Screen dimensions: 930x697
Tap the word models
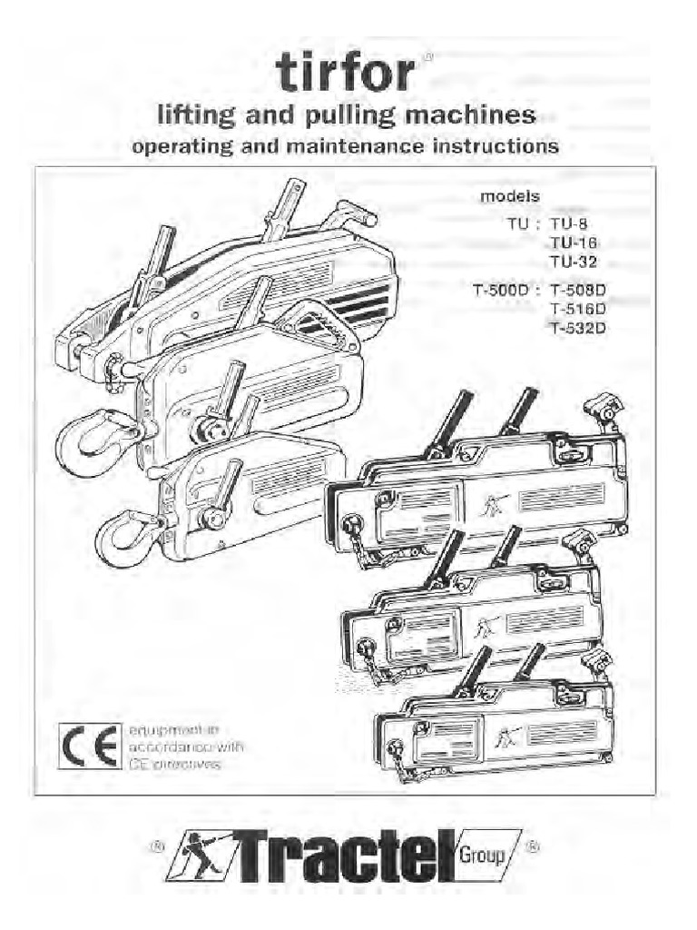point(510,196)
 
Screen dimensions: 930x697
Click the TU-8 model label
point(570,222)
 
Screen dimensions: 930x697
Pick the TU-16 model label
point(574,242)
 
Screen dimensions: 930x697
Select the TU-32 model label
point(574,262)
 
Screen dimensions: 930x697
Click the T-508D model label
point(577,292)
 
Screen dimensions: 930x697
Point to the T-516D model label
point(577,310)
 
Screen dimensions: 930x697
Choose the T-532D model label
point(577,329)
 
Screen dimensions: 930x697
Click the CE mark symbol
point(89,746)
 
